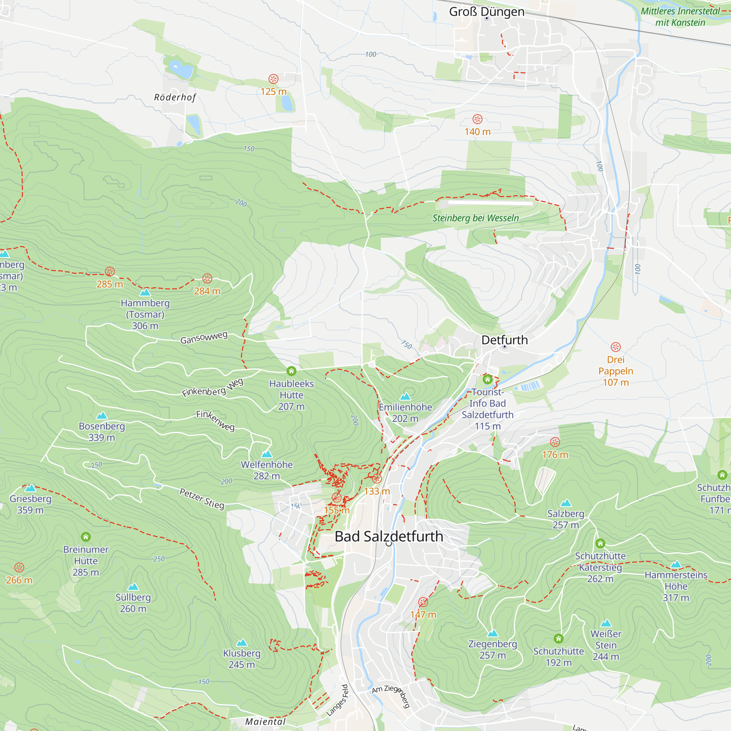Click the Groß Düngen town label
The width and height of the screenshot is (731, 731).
coord(486,12)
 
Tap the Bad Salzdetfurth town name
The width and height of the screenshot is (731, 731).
coord(389,537)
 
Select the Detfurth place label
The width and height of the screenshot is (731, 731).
coord(504,340)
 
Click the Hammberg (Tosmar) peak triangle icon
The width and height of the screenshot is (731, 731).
coord(145,292)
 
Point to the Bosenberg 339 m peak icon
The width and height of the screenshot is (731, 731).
coord(102,416)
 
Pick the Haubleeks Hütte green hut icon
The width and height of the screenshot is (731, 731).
coord(291,371)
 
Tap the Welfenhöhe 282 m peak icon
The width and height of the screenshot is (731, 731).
coord(267,454)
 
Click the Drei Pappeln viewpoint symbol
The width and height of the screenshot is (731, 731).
coord(616,347)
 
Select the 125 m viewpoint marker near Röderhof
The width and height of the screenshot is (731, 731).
coord(273,79)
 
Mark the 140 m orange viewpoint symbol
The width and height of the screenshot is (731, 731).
coord(477,119)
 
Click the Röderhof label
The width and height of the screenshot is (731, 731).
coord(175,97)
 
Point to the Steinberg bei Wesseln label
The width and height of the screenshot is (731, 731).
coord(476,218)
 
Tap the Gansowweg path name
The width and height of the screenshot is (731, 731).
coord(204,337)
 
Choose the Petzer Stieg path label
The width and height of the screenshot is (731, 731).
coord(202,499)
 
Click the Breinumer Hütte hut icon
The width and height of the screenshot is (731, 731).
coord(86,537)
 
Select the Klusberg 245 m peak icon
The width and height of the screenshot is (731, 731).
coord(242,643)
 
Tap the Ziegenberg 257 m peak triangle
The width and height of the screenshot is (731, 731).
coord(493,633)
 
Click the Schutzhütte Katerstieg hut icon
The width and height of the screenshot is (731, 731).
coord(600,543)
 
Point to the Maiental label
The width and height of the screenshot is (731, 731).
coord(265,721)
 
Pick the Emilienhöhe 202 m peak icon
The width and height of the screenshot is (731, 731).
coord(405,396)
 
